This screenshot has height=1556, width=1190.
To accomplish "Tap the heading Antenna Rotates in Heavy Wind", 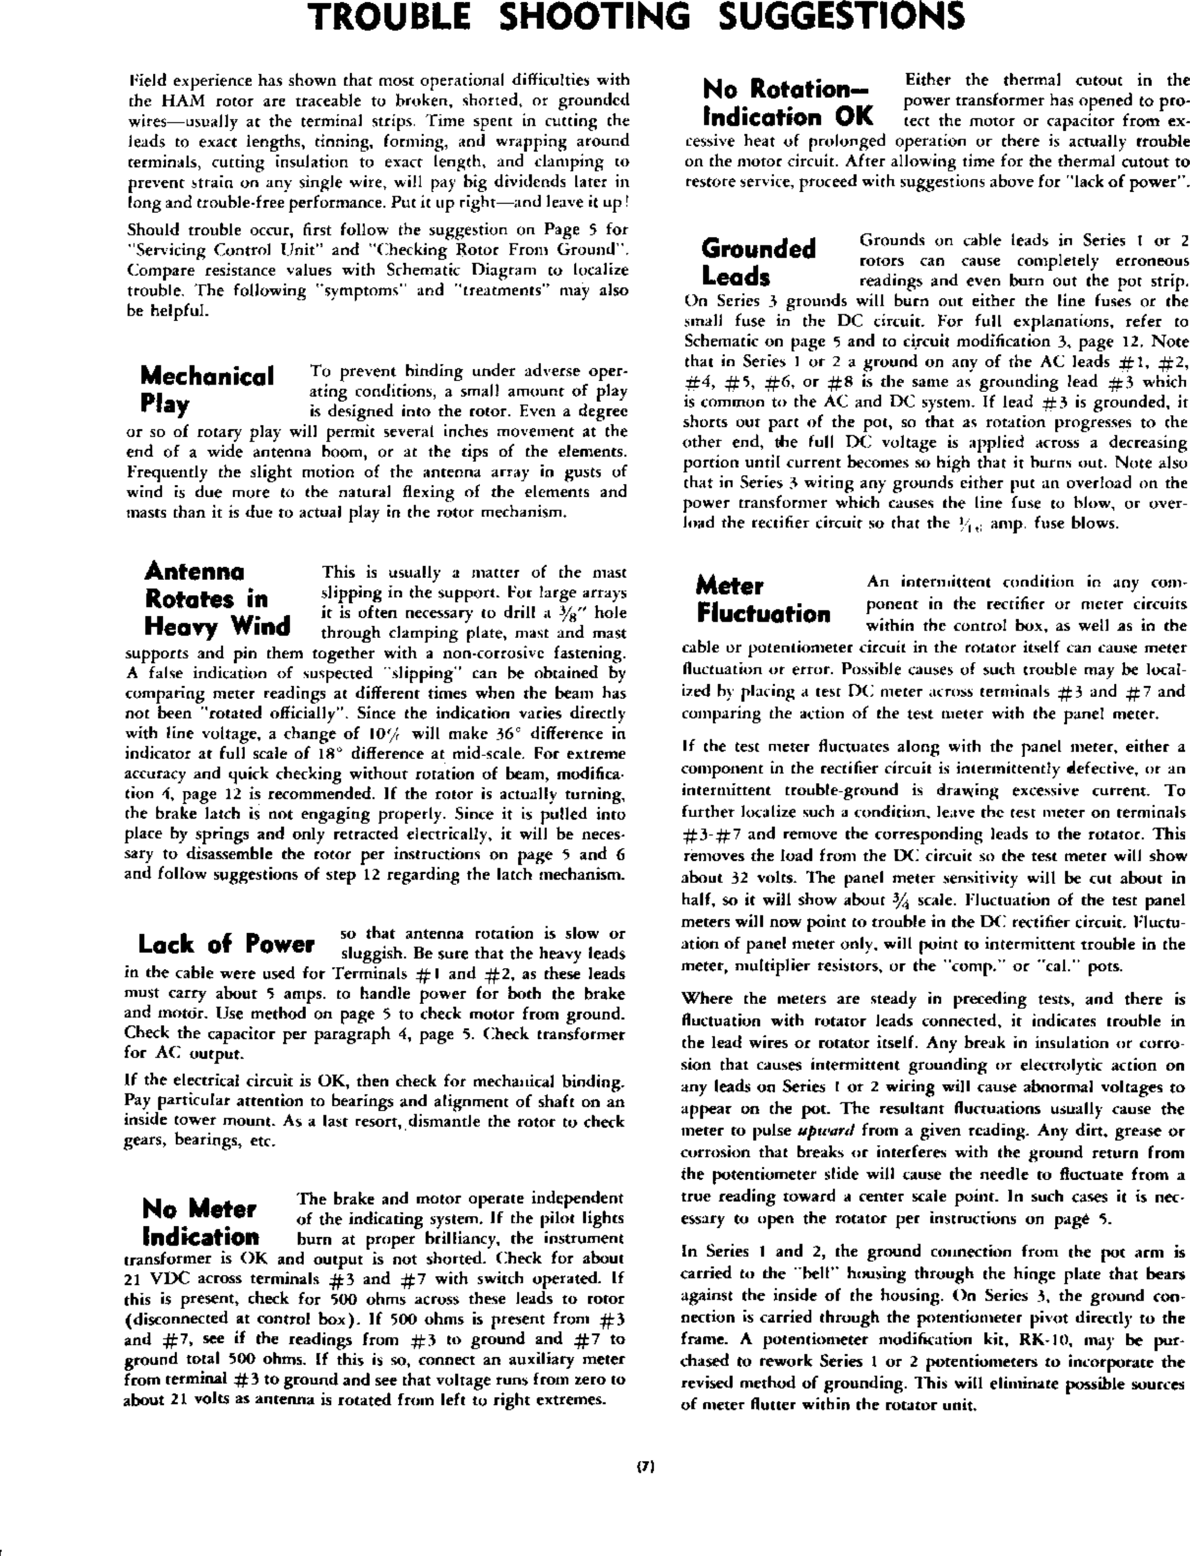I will coord(218,599).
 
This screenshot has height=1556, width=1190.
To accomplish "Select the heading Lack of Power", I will coord(226,944).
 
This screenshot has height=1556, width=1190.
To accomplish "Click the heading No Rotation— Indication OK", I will coord(788,103).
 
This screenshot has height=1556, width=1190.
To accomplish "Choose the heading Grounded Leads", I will coord(759,262).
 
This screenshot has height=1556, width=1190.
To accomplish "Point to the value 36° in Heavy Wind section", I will coord(505,733).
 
